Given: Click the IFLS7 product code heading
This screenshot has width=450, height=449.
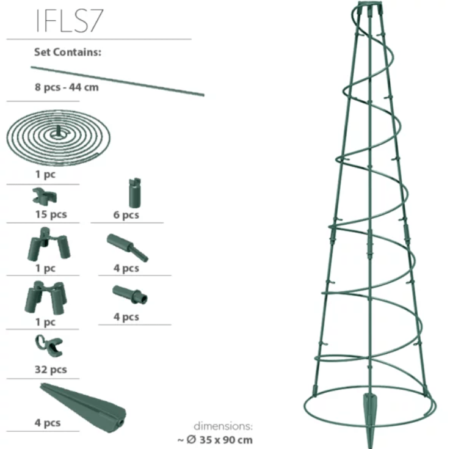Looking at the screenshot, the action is tap(69, 21).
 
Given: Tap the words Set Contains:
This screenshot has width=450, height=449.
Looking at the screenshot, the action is tap(68, 53).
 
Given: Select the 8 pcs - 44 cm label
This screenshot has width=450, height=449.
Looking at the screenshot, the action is tap(67, 87).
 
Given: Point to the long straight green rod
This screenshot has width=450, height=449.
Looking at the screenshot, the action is tap(118, 81).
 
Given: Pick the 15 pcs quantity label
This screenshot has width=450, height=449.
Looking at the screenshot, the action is tap(51, 214).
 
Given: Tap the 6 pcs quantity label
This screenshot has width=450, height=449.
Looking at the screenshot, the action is tap(126, 215).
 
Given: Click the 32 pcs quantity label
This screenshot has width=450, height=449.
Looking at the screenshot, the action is tap(51, 370).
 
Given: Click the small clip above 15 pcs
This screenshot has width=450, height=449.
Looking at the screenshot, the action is tap(45, 196).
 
